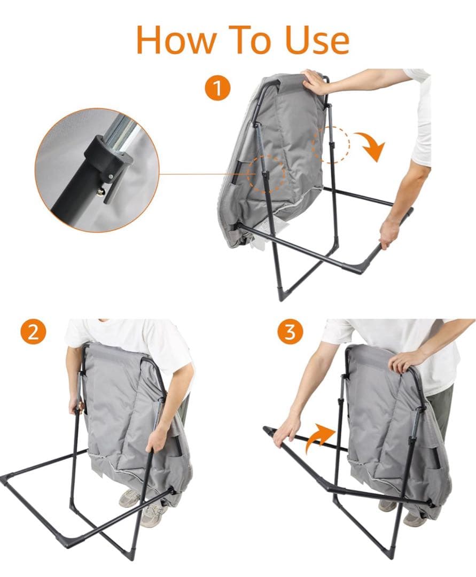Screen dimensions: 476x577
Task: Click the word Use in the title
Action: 317,40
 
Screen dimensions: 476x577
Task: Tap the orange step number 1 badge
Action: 217,88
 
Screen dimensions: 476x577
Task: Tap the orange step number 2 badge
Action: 34,332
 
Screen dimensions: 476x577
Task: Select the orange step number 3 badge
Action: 290,332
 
